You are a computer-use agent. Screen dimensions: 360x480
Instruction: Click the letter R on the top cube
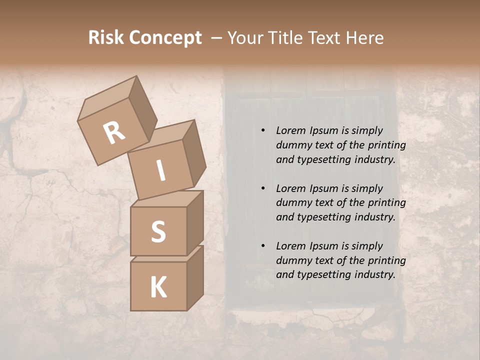[114, 133]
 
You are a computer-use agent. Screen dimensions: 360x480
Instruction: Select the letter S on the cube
[158, 231]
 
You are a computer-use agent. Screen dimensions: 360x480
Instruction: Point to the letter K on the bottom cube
[158, 287]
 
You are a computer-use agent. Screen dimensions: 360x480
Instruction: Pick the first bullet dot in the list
[263, 131]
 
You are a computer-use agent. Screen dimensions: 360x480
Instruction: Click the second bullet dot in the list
[263, 189]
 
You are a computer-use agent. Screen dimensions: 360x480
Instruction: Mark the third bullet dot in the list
[263, 246]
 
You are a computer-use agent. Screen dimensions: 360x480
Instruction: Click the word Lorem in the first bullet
[291, 131]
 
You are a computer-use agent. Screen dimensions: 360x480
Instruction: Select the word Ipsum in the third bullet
[324, 246]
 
